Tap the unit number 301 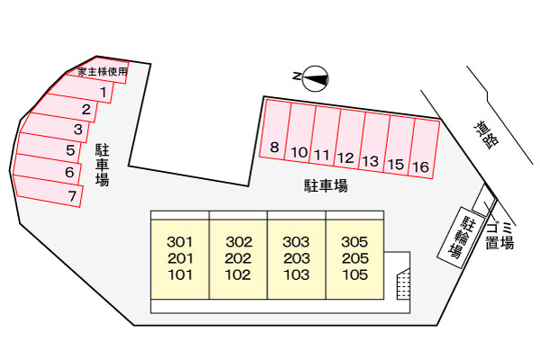180,242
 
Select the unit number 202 238,258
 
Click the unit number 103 296,274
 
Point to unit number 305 355,242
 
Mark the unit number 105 355,274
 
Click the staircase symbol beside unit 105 403,285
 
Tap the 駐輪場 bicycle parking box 458,235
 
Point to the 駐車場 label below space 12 325,187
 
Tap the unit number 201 180,258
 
